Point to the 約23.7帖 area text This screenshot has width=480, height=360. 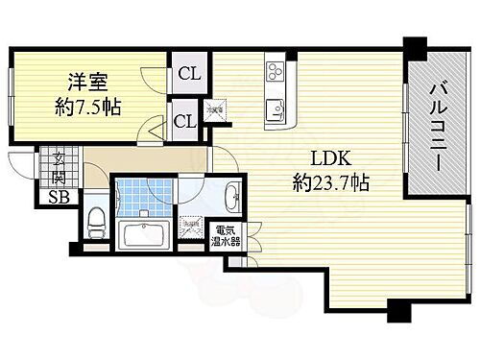[x=331, y=181]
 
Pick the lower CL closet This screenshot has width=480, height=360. [x=183, y=121]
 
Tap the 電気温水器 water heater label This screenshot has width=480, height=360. [x=227, y=236]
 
